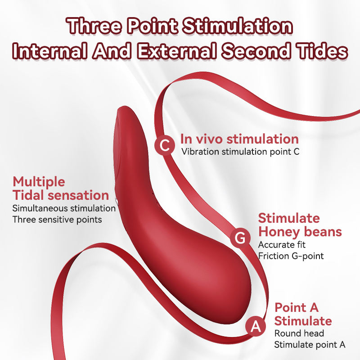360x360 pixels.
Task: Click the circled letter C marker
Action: tap(165, 145)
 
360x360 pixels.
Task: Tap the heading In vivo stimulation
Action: tap(239, 139)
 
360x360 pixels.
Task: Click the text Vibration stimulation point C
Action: tap(240, 151)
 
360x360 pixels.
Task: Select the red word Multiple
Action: tap(39, 182)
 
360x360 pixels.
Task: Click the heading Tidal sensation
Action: tap(60, 195)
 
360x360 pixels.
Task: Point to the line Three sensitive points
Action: tap(57, 220)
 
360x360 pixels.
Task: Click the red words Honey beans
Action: tap(300, 232)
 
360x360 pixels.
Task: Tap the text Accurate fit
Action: tap(282, 245)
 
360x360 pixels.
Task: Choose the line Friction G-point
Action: tap(291, 256)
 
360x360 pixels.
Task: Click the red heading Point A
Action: tap(297, 308)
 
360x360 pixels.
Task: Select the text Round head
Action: tap(299, 333)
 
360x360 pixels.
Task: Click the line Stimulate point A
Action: tap(310, 345)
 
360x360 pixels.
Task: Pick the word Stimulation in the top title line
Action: tap(234, 27)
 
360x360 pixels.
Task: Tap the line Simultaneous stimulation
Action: tap(64, 208)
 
